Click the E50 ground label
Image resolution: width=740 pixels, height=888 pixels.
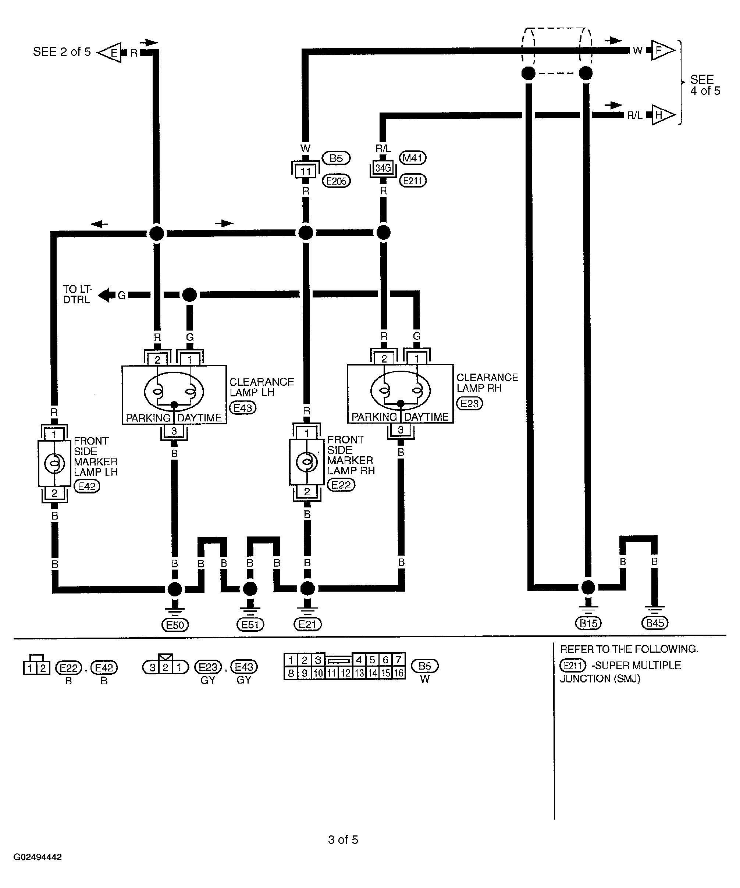175,625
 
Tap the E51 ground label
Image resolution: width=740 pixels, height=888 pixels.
250,625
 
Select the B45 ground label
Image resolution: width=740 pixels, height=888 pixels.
655,623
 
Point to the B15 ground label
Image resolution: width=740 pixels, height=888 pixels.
588,623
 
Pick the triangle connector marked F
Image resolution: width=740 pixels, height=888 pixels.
663,50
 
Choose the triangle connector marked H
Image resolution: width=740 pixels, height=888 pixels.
663,115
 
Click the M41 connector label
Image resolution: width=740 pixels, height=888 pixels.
413,158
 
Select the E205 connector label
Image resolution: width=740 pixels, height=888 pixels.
337,181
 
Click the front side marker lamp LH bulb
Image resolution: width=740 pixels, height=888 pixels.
54,463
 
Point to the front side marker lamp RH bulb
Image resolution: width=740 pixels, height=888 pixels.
307,462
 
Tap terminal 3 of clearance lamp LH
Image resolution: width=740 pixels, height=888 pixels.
174,431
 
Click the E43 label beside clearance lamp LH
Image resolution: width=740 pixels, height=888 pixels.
243,408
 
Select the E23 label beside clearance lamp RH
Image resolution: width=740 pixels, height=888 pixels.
469,403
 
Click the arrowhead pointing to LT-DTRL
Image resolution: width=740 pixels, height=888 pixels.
106,295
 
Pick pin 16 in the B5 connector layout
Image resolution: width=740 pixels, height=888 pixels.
399,673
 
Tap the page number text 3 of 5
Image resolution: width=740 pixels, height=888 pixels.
343,839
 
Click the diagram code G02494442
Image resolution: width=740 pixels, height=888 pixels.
38,857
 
